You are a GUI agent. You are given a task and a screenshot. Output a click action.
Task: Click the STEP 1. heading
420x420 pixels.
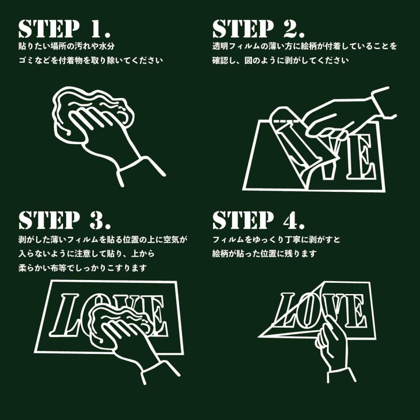tap(64, 28)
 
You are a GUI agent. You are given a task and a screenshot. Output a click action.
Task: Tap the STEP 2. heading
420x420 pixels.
tap(259, 28)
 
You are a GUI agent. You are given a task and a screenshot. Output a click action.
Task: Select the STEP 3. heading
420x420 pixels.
tap(64, 220)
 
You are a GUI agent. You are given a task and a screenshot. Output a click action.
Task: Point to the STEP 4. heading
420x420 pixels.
tap(259, 220)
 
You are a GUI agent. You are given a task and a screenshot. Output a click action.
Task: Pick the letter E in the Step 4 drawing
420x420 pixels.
tap(354, 311)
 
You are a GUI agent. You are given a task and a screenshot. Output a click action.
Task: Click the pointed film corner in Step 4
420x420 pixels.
tap(258, 336)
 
